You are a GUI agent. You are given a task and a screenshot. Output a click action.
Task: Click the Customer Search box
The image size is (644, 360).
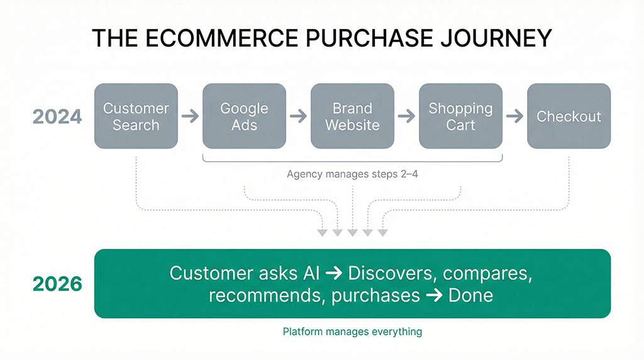coord(136,116)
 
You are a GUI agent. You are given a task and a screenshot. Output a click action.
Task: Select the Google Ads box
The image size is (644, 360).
coord(244,116)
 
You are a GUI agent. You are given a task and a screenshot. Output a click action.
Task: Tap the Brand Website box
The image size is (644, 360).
coord(352,116)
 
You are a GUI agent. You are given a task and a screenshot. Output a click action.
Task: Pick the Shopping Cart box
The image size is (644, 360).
coord(460,116)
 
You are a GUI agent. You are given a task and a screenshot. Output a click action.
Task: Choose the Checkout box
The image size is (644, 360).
coord(569,116)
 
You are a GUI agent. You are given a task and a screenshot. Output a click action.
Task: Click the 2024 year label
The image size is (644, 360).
coord(57,116)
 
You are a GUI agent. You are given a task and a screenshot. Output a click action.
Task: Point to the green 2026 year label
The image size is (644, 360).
coord(57,284)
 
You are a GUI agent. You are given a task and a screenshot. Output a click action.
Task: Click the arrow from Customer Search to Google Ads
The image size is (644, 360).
coord(190,116)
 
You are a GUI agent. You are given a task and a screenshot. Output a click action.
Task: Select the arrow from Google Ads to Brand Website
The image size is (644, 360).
coord(298,116)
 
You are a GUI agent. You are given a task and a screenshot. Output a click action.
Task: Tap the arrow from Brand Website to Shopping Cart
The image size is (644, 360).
coord(406,116)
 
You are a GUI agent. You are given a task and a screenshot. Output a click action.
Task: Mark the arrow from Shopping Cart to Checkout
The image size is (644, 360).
coord(514,116)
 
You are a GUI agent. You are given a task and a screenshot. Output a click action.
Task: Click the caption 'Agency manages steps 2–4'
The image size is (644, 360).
coord(352,174)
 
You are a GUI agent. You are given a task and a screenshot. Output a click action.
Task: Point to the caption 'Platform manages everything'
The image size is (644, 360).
coord(352,331)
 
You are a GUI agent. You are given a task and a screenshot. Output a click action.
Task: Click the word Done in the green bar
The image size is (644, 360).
coord(470,295)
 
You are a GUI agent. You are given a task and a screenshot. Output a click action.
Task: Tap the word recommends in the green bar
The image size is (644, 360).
coord(262,295)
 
